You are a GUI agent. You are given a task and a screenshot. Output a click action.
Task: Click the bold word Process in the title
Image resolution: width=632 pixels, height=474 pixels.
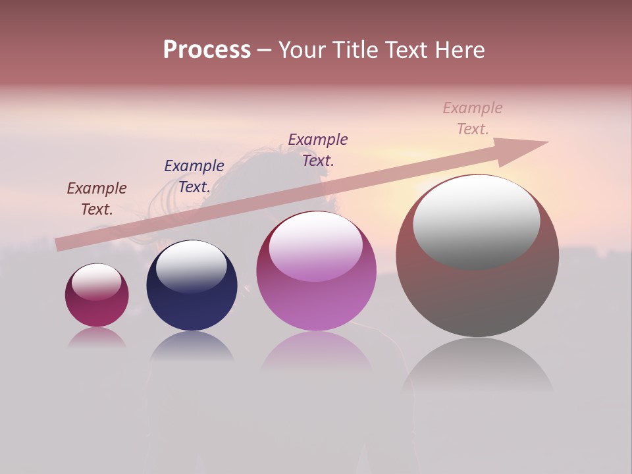click(x=207, y=50)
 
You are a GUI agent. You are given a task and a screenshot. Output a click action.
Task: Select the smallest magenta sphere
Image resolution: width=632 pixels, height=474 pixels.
click(x=97, y=296)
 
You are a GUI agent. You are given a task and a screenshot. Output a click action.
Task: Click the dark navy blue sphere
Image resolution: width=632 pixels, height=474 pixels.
click(x=192, y=286)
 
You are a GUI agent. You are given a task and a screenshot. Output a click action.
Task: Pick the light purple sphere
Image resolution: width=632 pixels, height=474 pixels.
click(x=316, y=271)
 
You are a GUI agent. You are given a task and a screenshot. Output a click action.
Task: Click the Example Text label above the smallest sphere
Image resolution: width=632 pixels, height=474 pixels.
click(x=97, y=199)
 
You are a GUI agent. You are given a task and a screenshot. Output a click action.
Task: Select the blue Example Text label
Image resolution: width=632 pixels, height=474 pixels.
click(x=194, y=176)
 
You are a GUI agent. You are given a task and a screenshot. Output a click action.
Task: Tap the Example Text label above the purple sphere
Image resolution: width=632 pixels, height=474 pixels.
click(x=318, y=149)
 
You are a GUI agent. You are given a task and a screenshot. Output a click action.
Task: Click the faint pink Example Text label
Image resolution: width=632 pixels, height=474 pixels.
click(x=473, y=118)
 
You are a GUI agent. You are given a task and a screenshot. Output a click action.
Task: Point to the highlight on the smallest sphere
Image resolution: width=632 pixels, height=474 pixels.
click(x=97, y=282)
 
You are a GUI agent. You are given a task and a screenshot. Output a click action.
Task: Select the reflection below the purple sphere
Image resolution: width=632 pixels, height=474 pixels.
click(x=316, y=352)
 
